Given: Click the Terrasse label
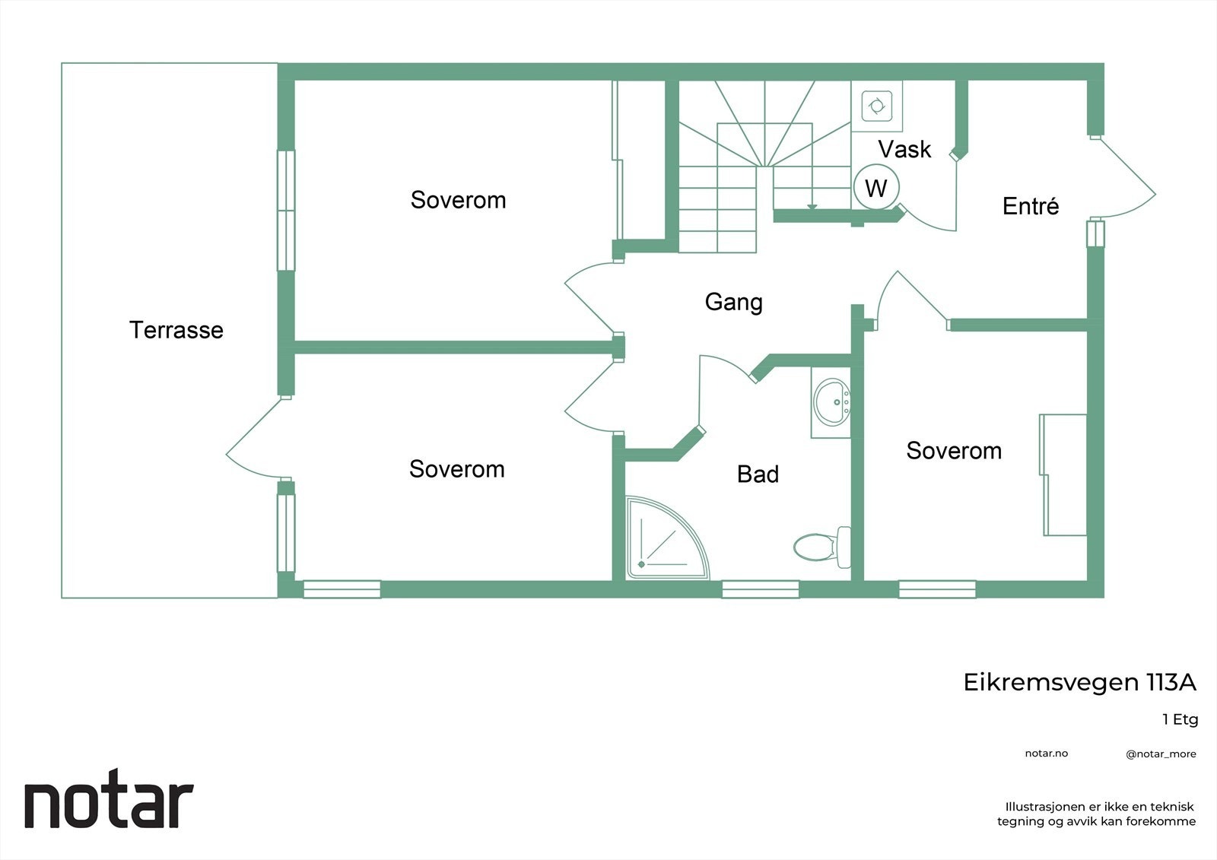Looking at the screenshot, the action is click(176, 330).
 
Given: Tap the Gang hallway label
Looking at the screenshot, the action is click(733, 302).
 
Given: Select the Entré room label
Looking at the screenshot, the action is click(1030, 206).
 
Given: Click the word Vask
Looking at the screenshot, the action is click(904, 149).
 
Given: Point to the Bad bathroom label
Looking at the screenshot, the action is click(758, 474).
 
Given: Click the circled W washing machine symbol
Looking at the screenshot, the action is click(875, 187).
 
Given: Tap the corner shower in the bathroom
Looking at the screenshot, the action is click(667, 538).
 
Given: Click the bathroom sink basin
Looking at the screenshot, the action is click(831, 402).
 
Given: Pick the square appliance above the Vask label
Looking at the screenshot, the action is click(876, 106).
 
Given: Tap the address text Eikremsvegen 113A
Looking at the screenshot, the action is click(1079, 682).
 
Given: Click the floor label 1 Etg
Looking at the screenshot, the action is click(1180, 719).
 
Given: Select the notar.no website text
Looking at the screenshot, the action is click(1047, 754).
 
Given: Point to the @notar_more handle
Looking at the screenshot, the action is click(1161, 754).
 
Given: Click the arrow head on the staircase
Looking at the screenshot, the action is click(812, 206).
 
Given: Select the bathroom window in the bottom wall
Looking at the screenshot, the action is click(760, 589).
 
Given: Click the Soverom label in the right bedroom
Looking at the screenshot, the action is click(954, 451).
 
